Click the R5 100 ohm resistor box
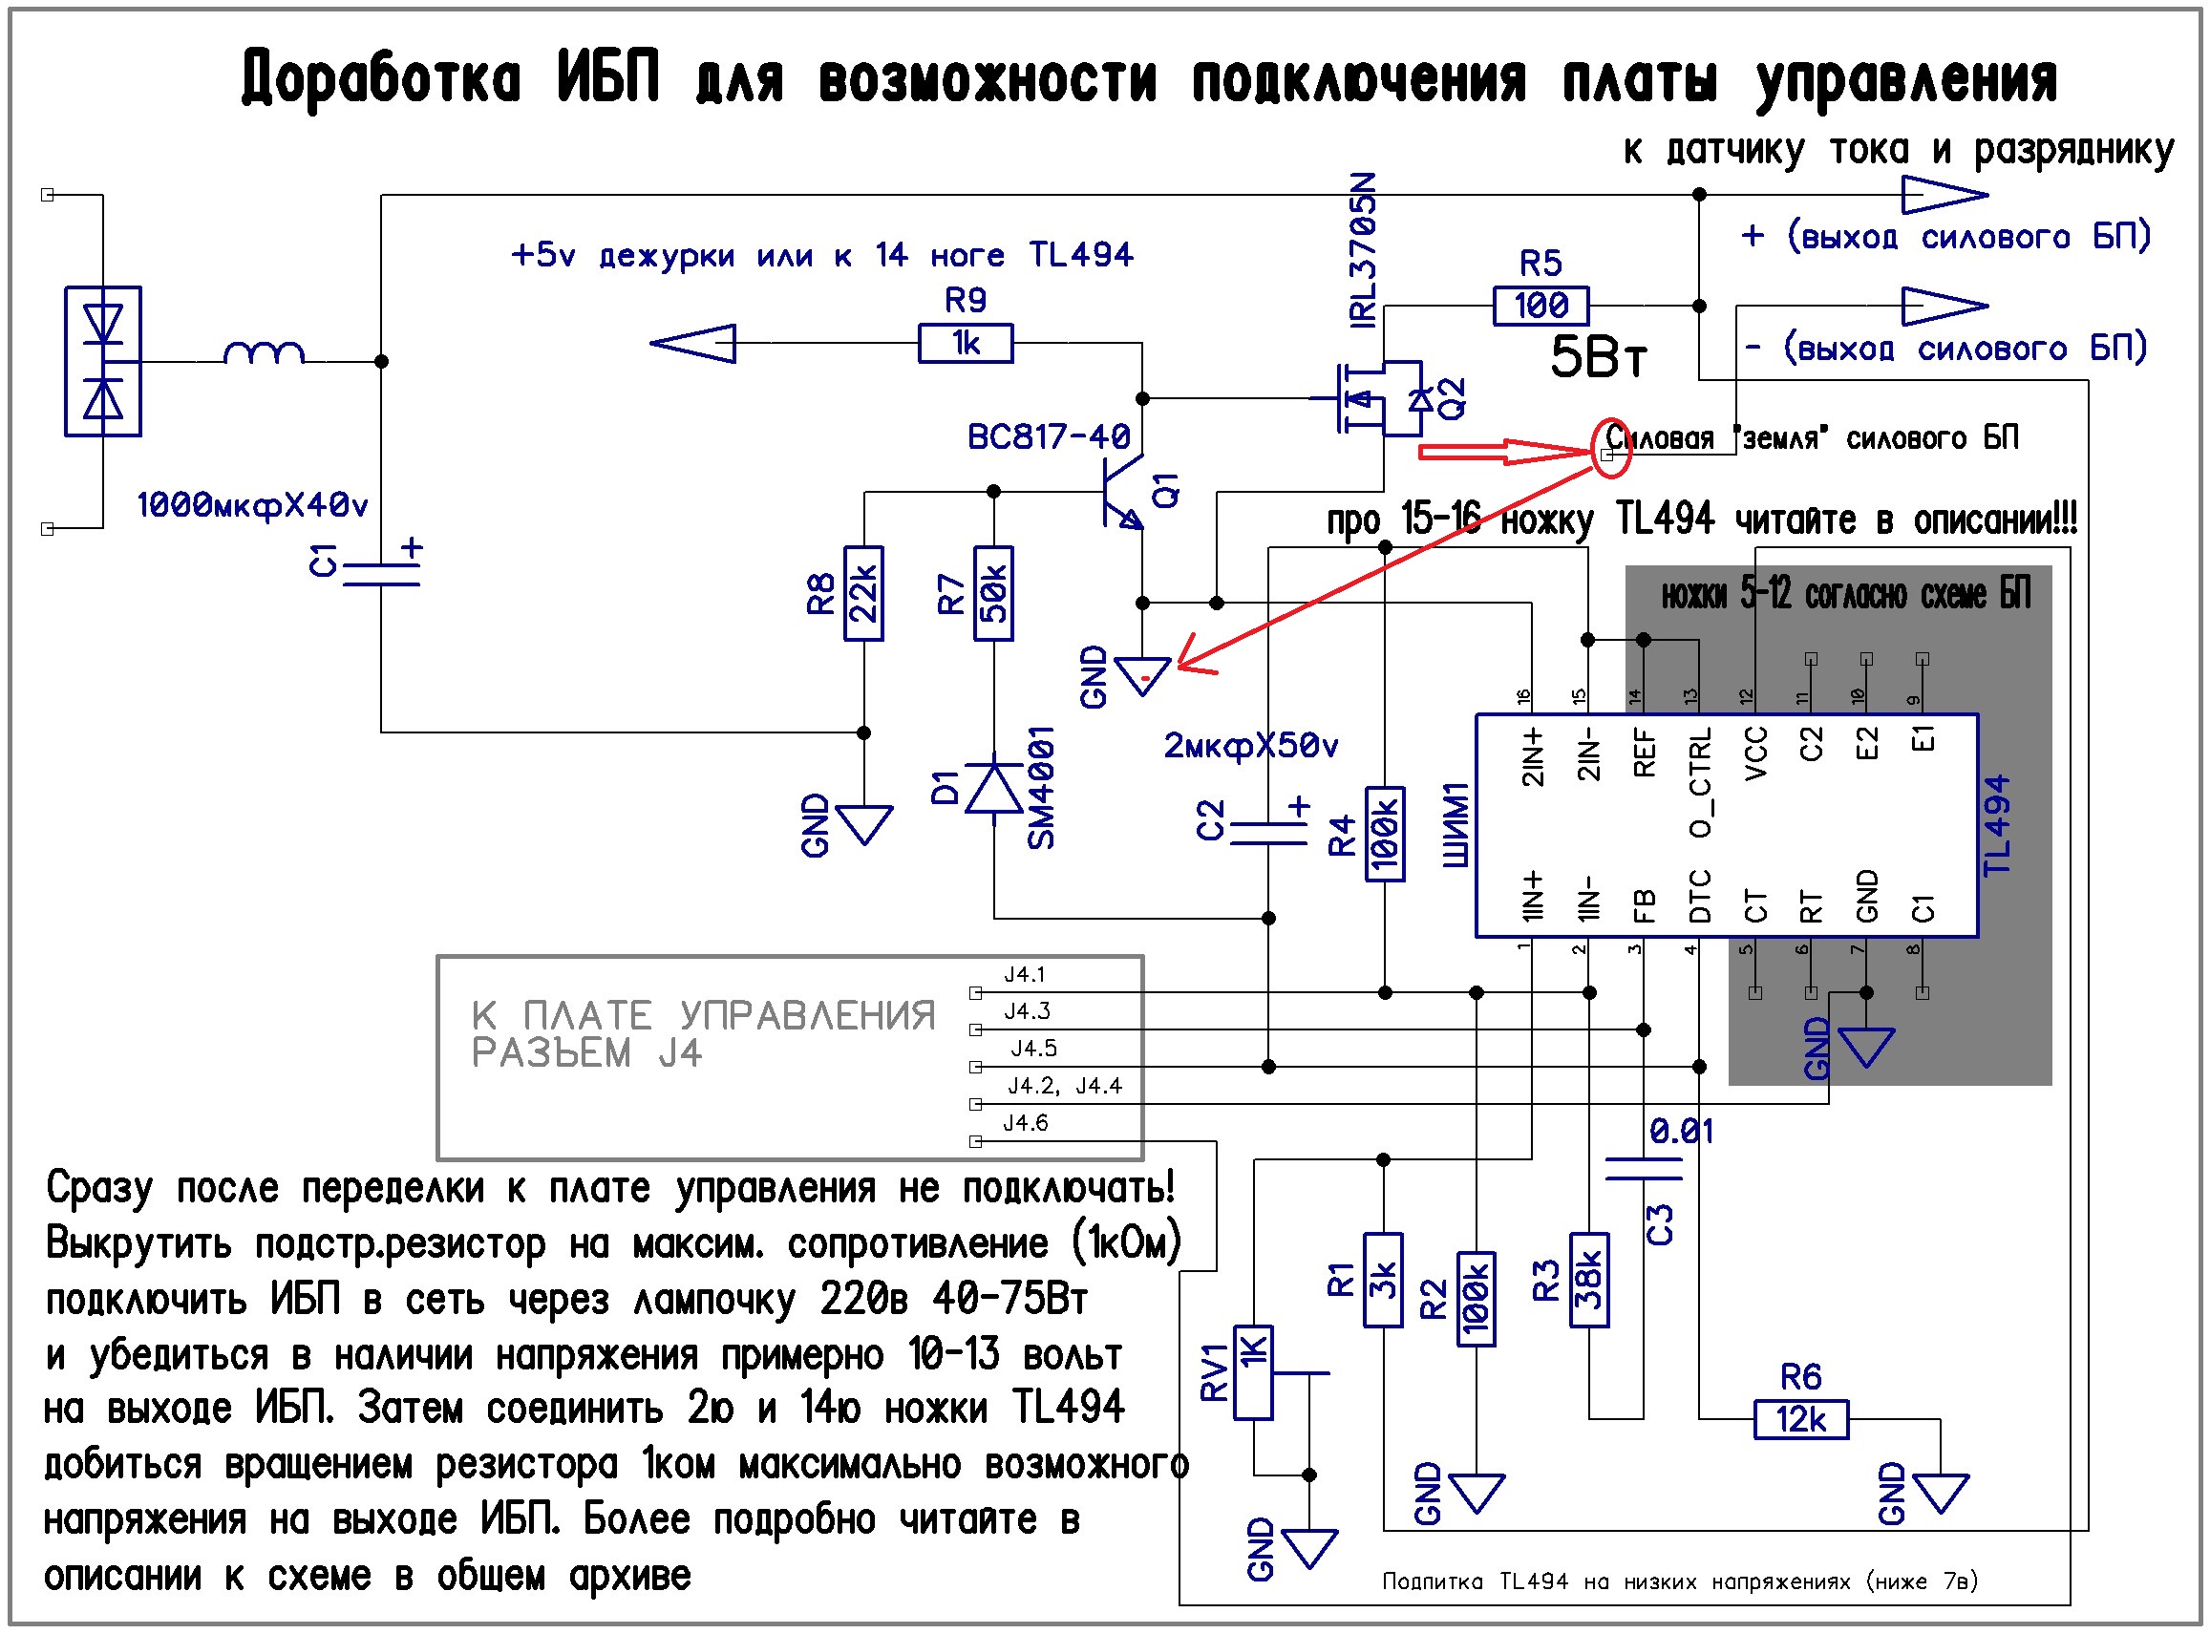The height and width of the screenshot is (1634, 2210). coord(1540,306)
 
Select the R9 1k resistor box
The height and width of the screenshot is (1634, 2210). coord(965,343)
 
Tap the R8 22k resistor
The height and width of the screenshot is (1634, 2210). coord(862,593)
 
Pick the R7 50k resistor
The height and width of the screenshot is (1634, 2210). coord(992,593)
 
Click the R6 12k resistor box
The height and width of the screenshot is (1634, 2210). coord(1799,1419)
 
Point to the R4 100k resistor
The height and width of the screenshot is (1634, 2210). coord(1383,834)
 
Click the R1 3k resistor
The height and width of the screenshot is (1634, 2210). coord(1382,1280)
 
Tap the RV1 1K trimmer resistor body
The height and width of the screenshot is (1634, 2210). coord(1251,1372)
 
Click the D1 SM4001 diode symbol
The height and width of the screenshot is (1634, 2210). coord(992,788)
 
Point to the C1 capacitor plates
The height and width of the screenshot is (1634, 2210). coord(381,575)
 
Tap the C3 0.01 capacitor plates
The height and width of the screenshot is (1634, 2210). coord(1642,1169)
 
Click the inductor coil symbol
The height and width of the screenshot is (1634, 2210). coord(264,354)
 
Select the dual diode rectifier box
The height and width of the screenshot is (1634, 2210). coord(103,361)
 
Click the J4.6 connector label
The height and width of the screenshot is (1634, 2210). coord(1025,1123)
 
